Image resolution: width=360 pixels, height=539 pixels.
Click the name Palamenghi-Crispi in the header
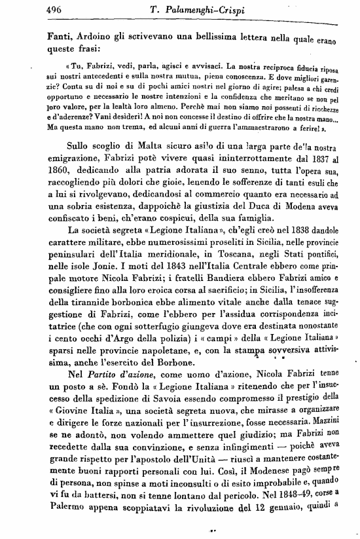click(x=215, y=9)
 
